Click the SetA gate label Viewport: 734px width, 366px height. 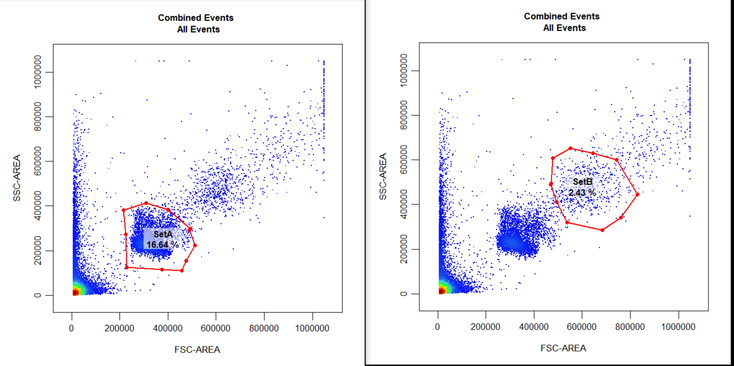point(163,234)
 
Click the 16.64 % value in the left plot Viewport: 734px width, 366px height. point(162,245)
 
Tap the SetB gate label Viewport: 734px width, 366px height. point(582,182)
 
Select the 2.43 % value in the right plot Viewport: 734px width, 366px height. point(582,193)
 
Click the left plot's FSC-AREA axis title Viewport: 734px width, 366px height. point(197,350)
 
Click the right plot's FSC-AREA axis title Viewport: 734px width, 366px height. point(563,348)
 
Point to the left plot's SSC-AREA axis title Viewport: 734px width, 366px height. point(17,178)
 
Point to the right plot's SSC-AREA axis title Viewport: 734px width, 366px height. point(383,177)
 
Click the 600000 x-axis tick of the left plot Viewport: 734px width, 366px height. point(215,329)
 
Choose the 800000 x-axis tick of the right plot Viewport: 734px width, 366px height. point(630,327)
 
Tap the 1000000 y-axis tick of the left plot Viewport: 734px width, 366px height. point(38,72)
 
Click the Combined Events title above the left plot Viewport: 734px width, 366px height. point(195,18)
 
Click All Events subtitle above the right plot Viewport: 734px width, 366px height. point(564,28)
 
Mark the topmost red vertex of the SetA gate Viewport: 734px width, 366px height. point(146,203)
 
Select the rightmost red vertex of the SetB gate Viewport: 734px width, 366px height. point(638,195)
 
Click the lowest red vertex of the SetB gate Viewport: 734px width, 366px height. point(602,230)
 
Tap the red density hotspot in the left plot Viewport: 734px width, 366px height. point(75,292)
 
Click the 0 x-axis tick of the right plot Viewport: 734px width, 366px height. point(438,327)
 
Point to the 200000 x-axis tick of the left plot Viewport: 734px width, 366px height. point(119,329)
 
